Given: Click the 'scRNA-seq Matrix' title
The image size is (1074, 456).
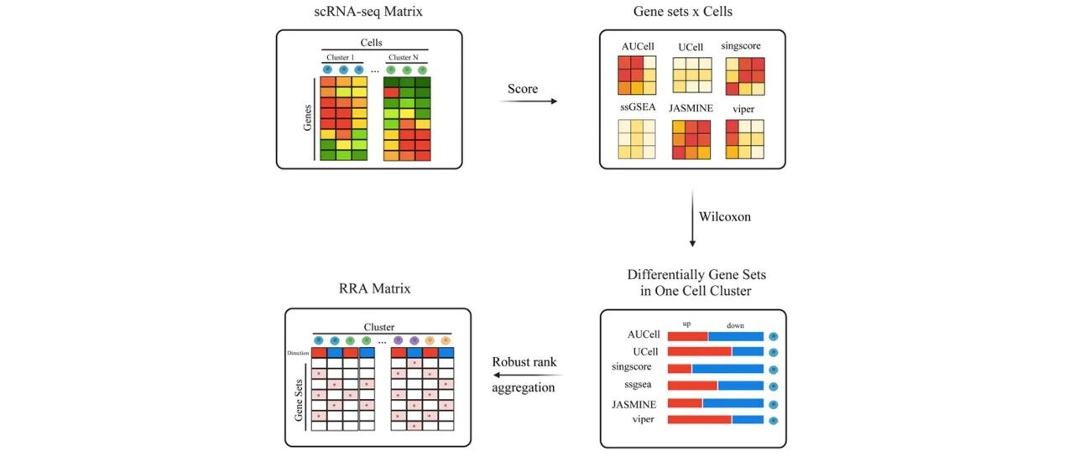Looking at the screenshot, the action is pyautogui.click(x=368, y=12).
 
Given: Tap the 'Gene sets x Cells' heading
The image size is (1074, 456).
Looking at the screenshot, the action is pyautogui.click(x=683, y=12).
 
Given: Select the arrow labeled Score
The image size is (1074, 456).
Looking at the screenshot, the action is pyautogui.click(x=529, y=101).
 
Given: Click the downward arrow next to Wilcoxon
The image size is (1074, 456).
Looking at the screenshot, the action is pyautogui.click(x=692, y=219).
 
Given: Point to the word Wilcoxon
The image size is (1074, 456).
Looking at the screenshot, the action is pyautogui.click(x=725, y=216).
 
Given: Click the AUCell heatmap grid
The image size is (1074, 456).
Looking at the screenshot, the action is pyautogui.click(x=637, y=75).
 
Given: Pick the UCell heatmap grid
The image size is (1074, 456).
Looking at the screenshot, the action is pyautogui.click(x=692, y=75).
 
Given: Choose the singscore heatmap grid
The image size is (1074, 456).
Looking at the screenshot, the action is pyautogui.click(x=745, y=76).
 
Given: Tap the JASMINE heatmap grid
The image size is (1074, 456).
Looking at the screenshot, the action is pyautogui.click(x=691, y=139).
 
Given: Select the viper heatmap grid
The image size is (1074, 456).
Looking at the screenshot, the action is pyautogui.click(x=744, y=139).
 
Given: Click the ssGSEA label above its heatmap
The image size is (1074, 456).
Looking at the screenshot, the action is pyautogui.click(x=638, y=106).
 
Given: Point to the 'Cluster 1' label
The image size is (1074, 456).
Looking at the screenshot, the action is pyautogui.click(x=341, y=58).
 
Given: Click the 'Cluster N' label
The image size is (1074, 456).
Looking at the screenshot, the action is pyautogui.click(x=404, y=58).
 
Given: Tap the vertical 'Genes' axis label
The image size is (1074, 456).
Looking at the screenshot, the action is pyautogui.click(x=307, y=118).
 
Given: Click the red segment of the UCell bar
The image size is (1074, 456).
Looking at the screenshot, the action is pyautogui.click(x=700, y=352).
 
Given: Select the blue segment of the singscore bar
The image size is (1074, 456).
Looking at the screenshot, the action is pyautogui.click(x=727, y=369).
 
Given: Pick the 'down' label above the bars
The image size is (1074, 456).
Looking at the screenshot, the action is pyautogui.click(x=735, y=326).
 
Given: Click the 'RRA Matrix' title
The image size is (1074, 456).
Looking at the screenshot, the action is pyautogui.click(x=374, y=288).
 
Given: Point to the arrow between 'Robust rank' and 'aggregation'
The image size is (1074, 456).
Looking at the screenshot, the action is pyautogui.click(x=528, y=375).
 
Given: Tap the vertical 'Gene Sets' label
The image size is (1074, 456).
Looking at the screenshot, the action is pyautogui.click(x=299, y=401).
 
